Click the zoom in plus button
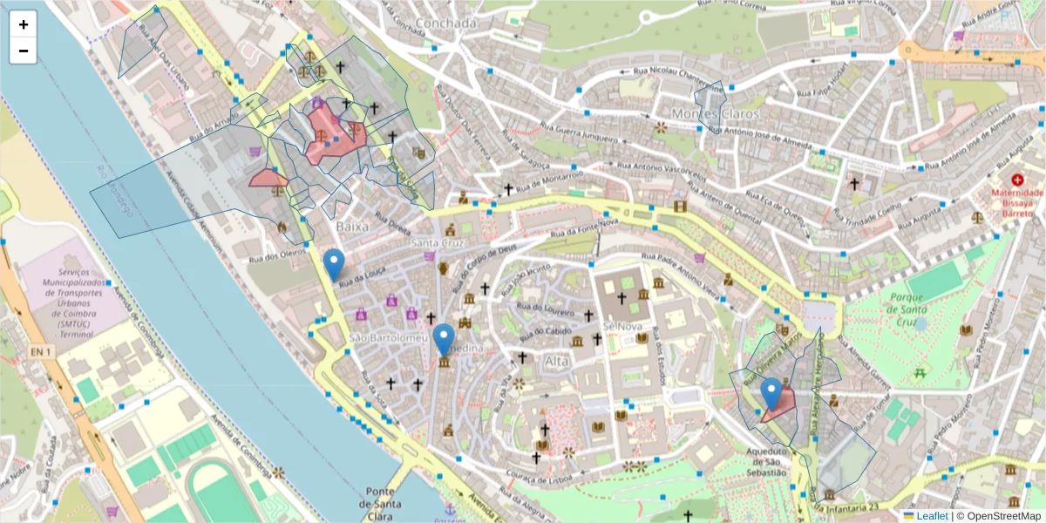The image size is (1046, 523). [24, 24]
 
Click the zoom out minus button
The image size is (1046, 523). [24, 51]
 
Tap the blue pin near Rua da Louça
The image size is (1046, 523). [333, 263]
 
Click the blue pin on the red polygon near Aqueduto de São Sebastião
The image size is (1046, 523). [771, 392]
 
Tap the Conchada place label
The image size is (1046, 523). [446, 24]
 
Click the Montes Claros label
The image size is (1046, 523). [716, 114]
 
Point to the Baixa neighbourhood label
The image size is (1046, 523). [352, 227]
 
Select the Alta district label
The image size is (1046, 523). [556, 361]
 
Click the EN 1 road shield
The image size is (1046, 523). [41, 351]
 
